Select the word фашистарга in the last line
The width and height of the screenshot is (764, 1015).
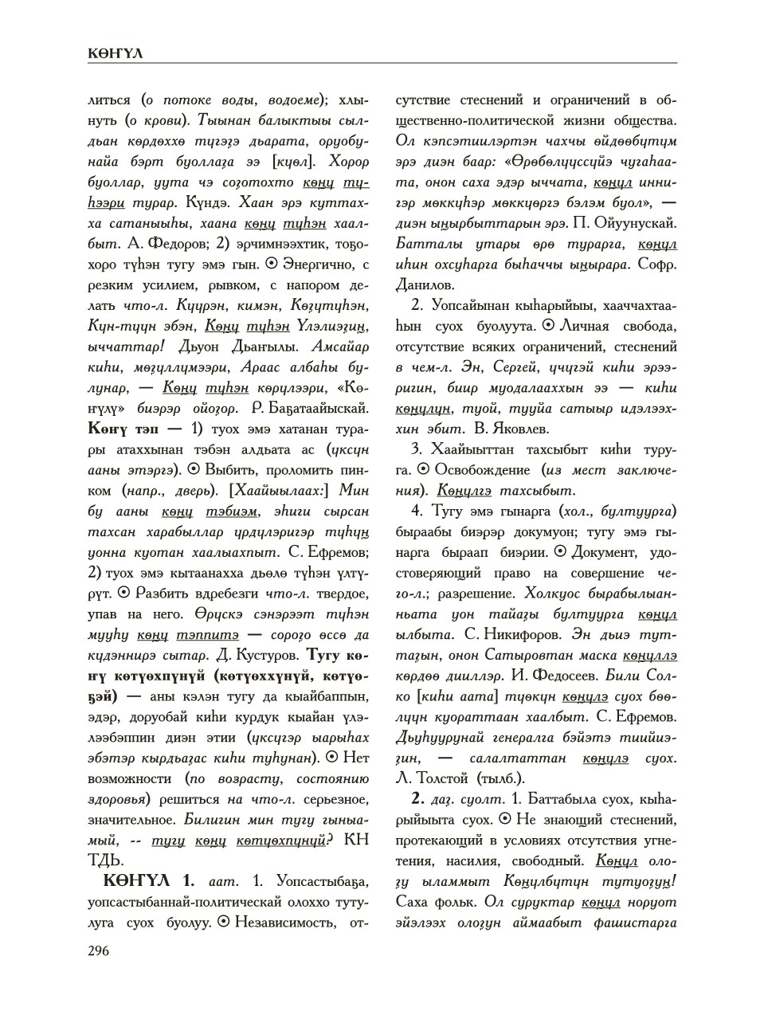point(635,923)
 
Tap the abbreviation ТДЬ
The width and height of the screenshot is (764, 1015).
point(105,860)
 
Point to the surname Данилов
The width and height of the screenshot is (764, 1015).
point(425,284)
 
